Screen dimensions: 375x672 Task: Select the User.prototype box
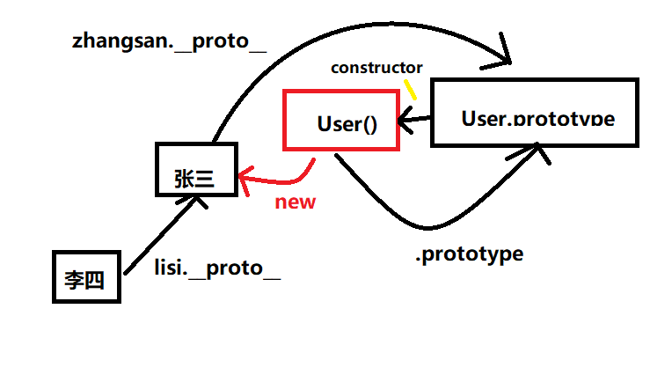[x=534, y=112]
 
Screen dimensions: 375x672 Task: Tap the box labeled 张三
[x=196, y=169]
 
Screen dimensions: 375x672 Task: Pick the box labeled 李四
[x=84, y=277]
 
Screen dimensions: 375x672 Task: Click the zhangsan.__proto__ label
[x=168, y=41]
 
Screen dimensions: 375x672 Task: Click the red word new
[x=295, y=202]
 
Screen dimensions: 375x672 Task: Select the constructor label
[x=376, y=67]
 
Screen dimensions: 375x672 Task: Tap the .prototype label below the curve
[x=469, y=254]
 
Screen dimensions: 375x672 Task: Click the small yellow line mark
[x=409, y=89]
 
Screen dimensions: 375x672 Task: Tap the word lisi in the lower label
[x=173, y=268]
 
